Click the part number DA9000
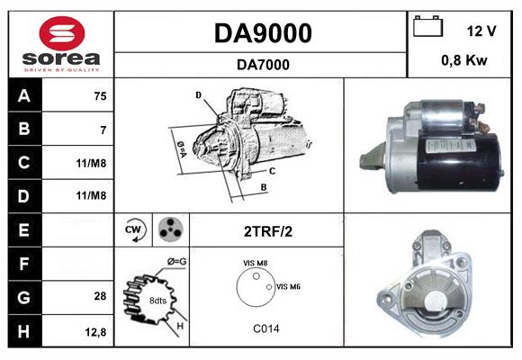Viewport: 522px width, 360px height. (x=263, y=33)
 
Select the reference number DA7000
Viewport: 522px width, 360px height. (x=263, y=64)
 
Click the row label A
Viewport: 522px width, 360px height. (x=22, y=96)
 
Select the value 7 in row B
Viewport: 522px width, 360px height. (x=103, y=130)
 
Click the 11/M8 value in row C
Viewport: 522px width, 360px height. (x=92, y=163)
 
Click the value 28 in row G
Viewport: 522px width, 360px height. (x=99, y=296)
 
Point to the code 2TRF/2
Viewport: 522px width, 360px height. (x=267, y=230)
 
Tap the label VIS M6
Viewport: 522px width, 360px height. (x=287, y=286)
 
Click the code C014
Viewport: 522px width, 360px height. (x=267, y=328)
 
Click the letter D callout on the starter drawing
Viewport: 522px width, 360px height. (x=198, y=94)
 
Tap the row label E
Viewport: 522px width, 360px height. (x=22, y=229)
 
